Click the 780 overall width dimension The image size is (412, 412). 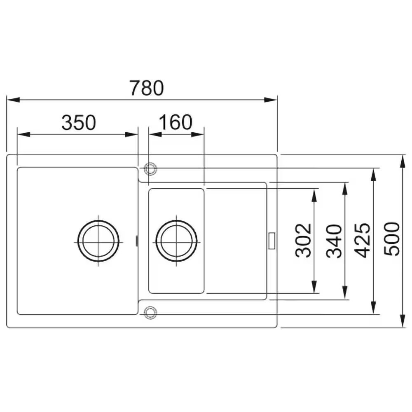pos(147,88)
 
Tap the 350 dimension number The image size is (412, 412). pos(79,122)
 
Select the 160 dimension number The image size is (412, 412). pos(176,122)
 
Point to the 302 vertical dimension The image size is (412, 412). pos(303,240)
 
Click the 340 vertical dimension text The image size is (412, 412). pos(334,241)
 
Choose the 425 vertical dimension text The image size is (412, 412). pos(362,240)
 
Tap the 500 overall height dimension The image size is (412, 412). pos(391,239)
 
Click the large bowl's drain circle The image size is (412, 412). pos(98,241)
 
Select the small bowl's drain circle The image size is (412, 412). pos(176,241)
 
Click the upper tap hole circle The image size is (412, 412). pos(150,169)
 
